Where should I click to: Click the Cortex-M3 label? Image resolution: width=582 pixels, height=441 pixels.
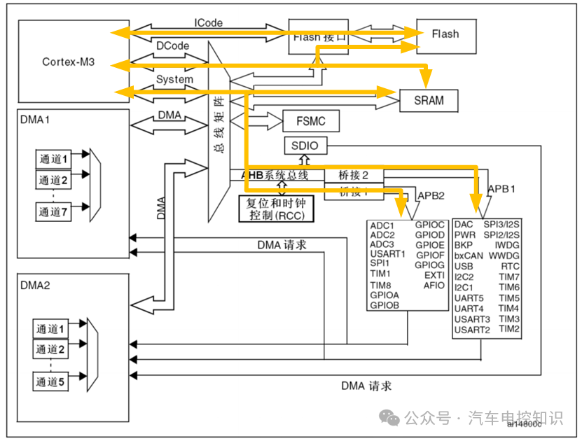pos(68,62)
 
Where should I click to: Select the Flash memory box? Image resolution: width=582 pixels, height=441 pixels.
pos(445,34)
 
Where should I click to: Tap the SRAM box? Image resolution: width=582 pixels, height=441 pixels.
pos(429,100)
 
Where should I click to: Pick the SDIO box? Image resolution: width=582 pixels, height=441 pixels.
pos(305,146)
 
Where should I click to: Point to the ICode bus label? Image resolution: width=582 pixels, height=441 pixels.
pos(209,22)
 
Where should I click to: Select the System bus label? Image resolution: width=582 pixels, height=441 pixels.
pos(174,79)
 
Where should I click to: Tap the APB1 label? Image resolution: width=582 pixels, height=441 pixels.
pos(502,189)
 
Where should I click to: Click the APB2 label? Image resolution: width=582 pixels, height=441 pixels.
pos(431,195)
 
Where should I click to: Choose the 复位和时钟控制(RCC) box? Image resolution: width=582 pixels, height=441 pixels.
pos(277,208)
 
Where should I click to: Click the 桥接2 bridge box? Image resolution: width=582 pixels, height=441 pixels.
pos(353,175)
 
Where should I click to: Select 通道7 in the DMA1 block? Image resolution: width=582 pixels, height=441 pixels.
pos(54,212)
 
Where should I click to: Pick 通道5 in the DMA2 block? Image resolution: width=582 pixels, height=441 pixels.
pos(52,381)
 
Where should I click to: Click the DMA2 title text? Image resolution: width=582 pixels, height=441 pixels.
pos(35,285)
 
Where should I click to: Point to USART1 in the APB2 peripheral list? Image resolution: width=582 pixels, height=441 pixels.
pos(388,253)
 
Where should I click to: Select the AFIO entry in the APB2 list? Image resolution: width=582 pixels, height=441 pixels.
pos(434,285)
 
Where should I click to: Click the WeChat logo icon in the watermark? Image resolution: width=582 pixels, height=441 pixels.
pos(390,419)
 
